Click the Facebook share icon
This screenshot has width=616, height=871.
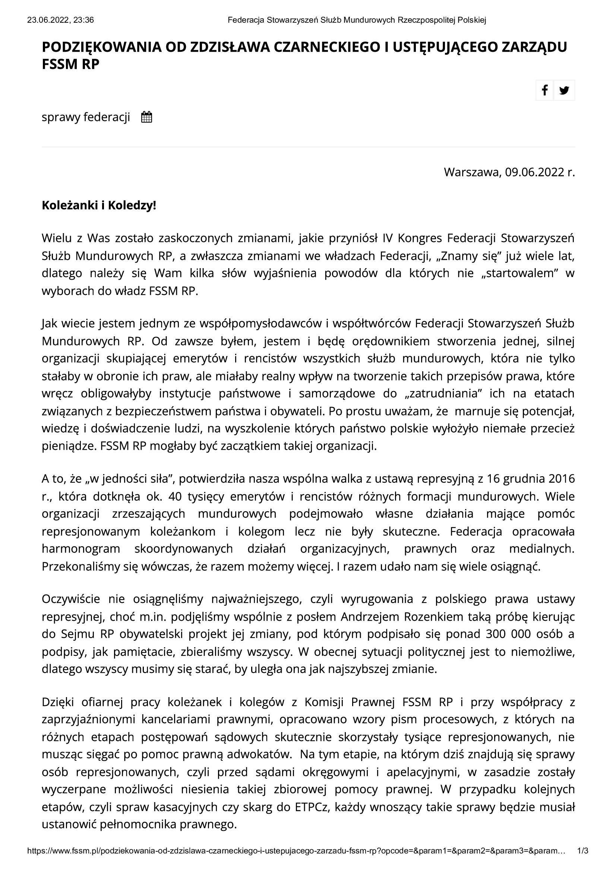tap(545, 90)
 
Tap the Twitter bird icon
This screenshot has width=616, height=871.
tap(564, 90)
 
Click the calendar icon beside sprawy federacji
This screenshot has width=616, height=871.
tap(146, 117)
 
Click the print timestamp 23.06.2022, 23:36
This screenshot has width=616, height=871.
tap(60, 20)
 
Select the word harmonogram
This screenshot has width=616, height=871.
tap(81, 549)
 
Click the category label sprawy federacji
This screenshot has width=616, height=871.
tap(86, 117)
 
